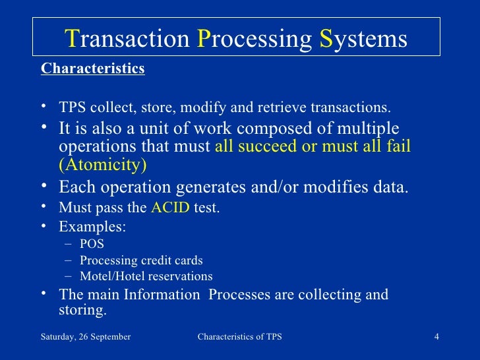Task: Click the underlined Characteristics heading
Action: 92,69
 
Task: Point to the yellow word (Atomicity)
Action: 102,164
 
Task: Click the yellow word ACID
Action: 170,208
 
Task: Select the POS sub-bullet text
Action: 92,243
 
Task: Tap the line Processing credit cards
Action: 141,260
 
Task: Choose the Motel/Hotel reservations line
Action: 146,276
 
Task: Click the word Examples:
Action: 93,226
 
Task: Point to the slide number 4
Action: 436,337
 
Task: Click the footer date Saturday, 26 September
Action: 86,337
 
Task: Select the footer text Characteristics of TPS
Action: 239,337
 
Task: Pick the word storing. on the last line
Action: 82,309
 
